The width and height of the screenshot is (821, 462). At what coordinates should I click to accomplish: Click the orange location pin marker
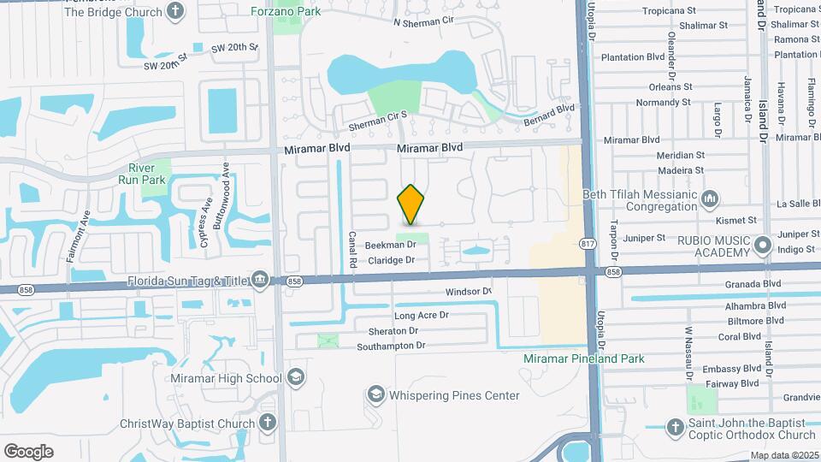411,204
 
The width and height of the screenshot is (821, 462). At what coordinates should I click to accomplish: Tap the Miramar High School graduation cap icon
295,377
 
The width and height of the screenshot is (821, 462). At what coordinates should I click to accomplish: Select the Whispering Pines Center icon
375,394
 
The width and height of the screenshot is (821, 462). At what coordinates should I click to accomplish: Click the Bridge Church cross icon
175,11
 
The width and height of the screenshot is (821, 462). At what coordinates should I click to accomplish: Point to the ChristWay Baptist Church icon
268,423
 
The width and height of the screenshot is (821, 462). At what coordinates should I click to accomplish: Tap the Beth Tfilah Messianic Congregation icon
710,199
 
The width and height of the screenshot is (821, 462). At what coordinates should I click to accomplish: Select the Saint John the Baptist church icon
675,427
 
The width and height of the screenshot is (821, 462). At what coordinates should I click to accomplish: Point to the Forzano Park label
285,11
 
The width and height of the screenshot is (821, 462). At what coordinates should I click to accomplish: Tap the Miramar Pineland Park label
584,358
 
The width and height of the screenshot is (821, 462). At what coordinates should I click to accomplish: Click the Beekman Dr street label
390,245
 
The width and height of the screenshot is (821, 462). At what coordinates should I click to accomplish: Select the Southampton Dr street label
391,346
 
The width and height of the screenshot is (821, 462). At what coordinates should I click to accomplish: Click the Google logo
29,450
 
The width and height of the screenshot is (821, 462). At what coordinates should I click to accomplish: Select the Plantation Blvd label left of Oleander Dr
633,56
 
